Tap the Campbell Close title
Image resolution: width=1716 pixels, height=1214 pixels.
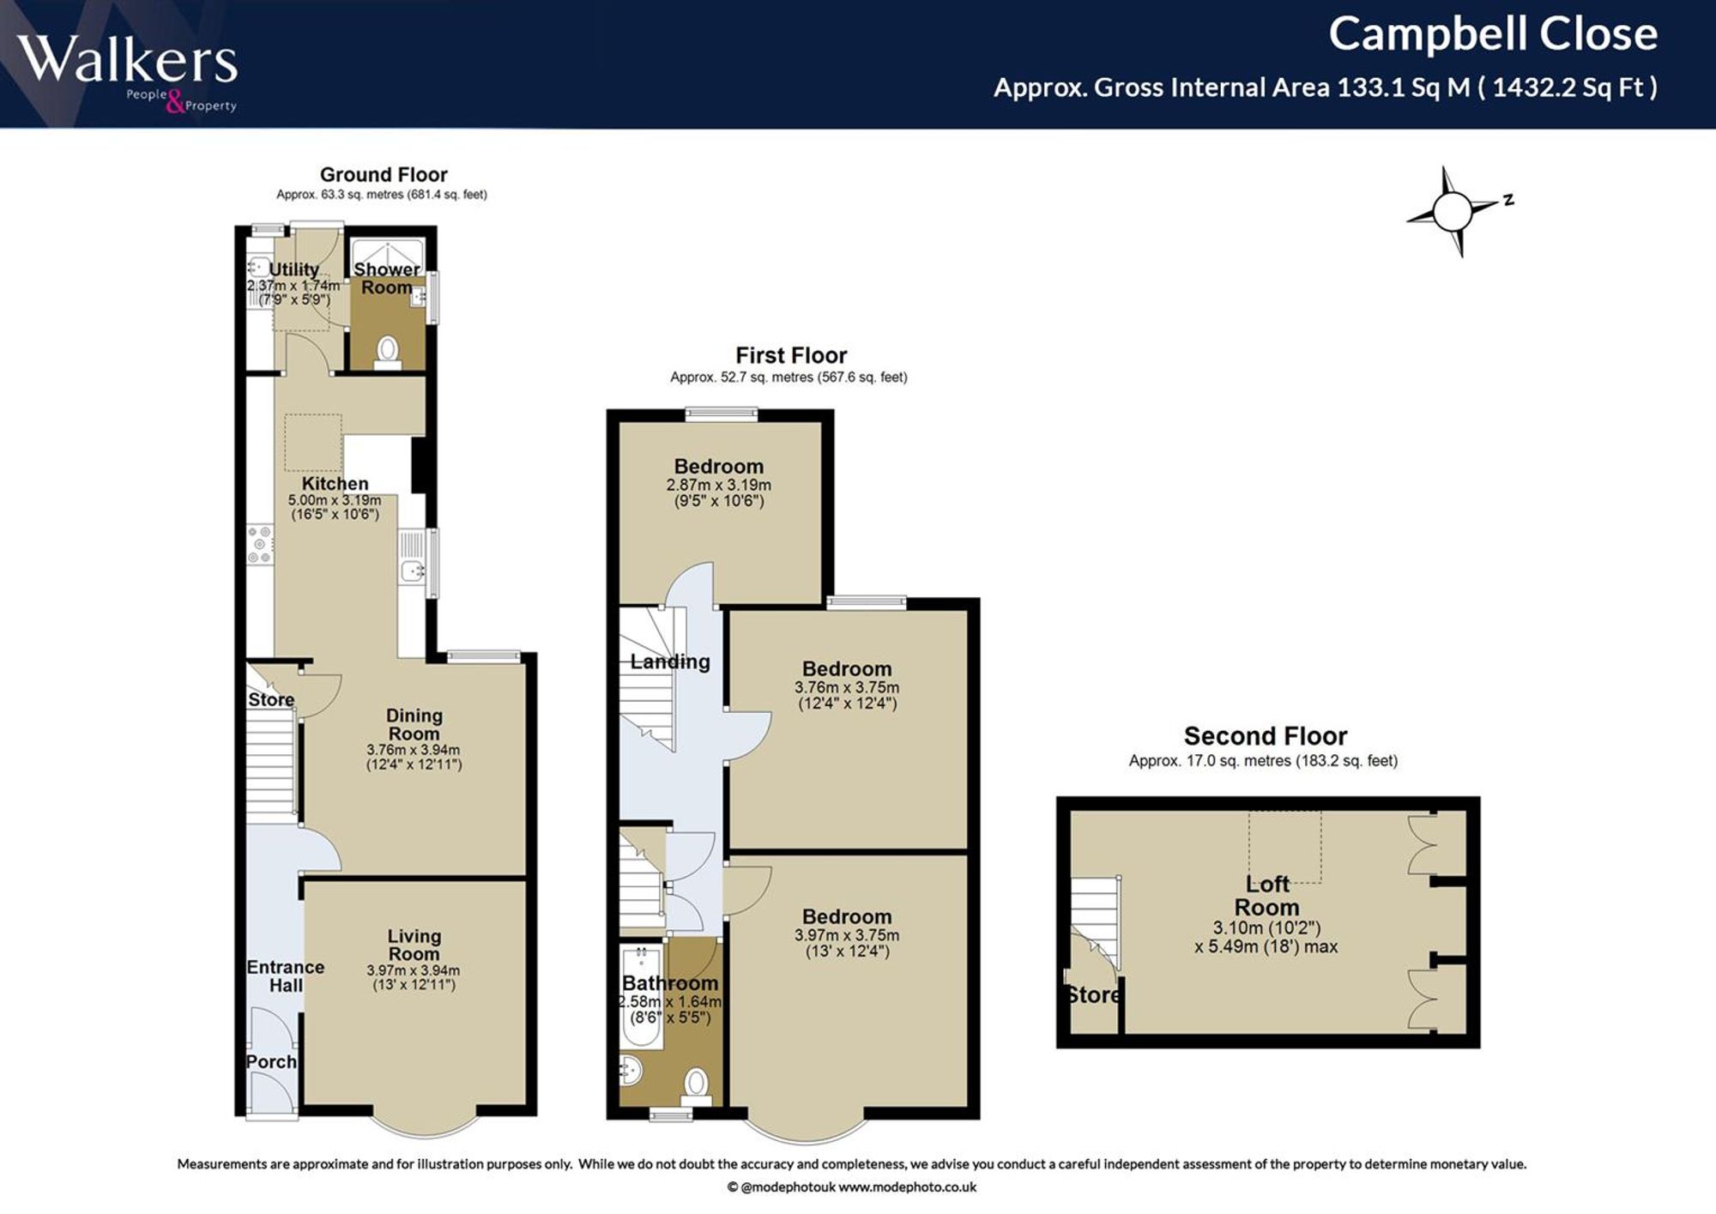click(x=1493, y=34)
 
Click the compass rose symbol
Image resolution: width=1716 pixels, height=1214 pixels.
click(x=1453, y=211)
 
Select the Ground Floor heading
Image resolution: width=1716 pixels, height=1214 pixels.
click(x=384, y=175)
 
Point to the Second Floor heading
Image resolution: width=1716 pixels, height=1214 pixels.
click(x=1266, y=736)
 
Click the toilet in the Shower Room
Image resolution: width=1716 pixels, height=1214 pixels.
click(x=388, y=353)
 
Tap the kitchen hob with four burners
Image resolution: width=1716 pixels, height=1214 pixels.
click(x=260, y=545)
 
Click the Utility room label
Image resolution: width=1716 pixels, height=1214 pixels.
click(x=294, y=269)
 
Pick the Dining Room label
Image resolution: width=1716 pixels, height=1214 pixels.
click(x=414, y=724)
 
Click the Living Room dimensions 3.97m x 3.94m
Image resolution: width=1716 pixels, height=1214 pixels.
click(x=414, y=970)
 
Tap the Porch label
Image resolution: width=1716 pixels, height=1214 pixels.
click(x=271, y=1062)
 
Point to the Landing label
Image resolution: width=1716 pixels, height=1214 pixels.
click(x=670, y=661)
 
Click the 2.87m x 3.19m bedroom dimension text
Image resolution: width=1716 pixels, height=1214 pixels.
click(x=719, y=485)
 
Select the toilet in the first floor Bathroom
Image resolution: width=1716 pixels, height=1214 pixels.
click(x=696, y=1085)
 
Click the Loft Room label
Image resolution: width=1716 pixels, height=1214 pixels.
click(x=1267, y=896)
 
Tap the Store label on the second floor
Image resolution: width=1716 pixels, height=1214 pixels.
click(x=1093, y=995)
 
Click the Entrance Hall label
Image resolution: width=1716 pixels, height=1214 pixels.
click(x=286, y=976)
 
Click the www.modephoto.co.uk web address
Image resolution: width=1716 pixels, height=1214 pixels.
click(x=907, y=1187)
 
